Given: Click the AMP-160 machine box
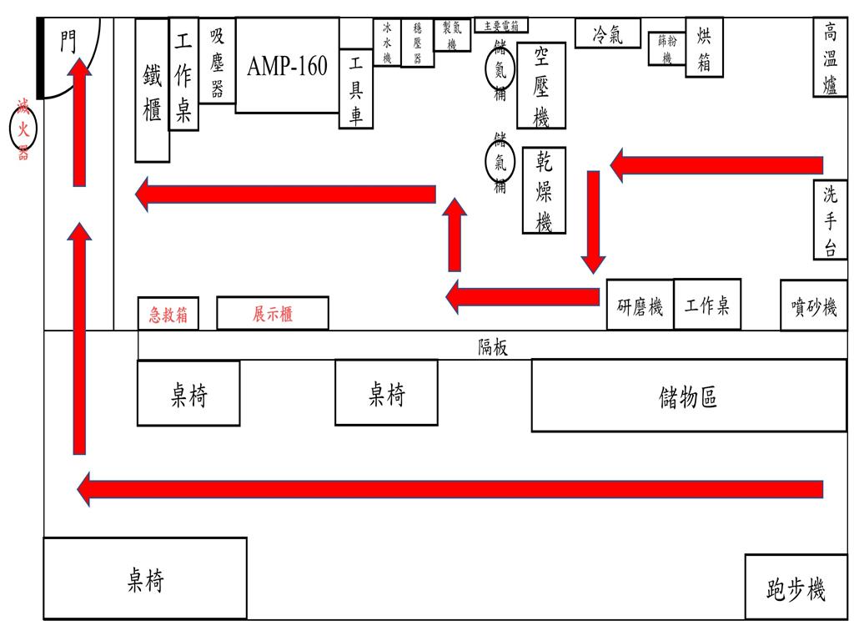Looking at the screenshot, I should (x=287, y=65).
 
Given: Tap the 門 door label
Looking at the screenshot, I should (x=68, y=42).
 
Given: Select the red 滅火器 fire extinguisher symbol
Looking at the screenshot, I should (x=23, y=129).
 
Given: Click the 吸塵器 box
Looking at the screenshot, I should (x=217, y=61).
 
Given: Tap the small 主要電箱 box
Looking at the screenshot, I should (x=500, y=26).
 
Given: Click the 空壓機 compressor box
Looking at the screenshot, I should (x=540, y=85).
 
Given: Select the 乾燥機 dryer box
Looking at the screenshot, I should (x=544, y=190).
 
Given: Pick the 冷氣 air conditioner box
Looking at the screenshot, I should (x=607, y=34).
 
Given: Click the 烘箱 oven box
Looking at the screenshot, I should (x=704, y=48).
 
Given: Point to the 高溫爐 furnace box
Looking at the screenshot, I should (x=830, y=58).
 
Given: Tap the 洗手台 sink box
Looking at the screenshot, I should (x=830, y=220).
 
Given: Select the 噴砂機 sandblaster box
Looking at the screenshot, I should (x=813, y=306).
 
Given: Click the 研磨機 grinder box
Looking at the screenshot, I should (x=640, y=306).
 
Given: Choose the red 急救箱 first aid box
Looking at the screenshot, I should (x=168, y=315).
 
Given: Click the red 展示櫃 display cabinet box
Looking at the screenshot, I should (x=273, y=314).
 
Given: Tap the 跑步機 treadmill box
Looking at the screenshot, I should (x=795, y=589).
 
